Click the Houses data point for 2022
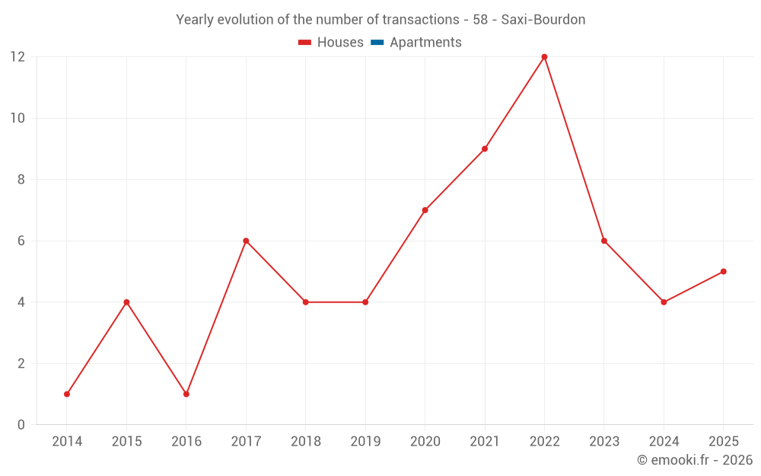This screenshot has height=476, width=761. pyautogui.click(x=544, y=57)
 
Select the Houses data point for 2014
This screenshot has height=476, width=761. pyautogui.click(x=67, y=394)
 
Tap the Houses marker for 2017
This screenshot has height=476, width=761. pyautogui.click(x=246, y=241)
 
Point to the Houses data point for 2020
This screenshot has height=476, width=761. pyautogui.click(x=425, y=210)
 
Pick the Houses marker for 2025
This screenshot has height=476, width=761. pyautogui.click(x=723, y=271)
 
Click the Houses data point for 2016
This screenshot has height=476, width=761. pyautogui.click(x=186, y=394)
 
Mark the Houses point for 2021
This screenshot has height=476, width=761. pyautogui.click(x=485, y=149)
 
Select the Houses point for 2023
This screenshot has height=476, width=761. pyautogui.click(x=604, y=241)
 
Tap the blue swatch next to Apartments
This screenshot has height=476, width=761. pyautogui.click(x=377, y=43)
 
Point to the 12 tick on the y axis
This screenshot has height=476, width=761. pyautogui.click(x=18, y=57)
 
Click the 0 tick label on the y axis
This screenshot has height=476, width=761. pyautogui.click(x=21, y=424)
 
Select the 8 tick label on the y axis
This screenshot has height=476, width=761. pyautogui.click(x=21, y=180)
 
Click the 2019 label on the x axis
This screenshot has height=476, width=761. pyautogui.click(x=365, y=442)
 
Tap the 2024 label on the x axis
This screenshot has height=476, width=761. pyautogui.click(x=664, y=442)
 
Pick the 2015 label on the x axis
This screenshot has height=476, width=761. pyautogui.click(x=126, y=442)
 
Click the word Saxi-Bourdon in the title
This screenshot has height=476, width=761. pyautogui.click(x=543, y=20)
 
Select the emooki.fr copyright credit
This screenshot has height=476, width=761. pyautogui.click(x=695, y=460)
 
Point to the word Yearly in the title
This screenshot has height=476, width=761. pyautogui.click(x=195, y=20)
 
